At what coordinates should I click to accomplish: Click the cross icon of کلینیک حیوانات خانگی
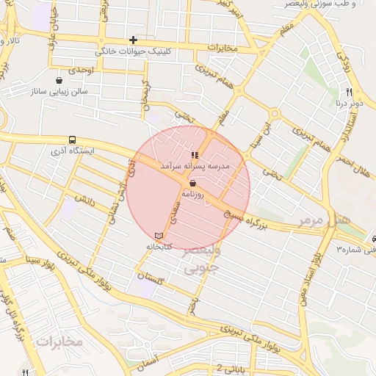coord(133,40)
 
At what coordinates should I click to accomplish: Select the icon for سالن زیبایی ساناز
coord(59,81)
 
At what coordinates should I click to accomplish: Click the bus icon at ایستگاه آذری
coord(72,140)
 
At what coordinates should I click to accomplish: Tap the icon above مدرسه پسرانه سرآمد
coord(195,155)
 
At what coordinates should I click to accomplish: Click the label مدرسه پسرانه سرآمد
coord(195,167)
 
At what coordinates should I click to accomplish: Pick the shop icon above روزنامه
coord(192,183)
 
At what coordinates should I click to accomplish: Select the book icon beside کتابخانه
coord(159,234)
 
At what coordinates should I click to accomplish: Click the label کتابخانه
coord(159,247)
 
